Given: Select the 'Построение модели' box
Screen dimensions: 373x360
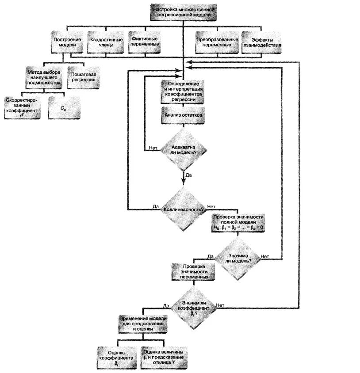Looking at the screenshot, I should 67,42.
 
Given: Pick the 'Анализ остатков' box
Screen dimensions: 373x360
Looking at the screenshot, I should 183,115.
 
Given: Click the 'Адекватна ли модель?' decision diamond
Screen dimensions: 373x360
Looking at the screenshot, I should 183,148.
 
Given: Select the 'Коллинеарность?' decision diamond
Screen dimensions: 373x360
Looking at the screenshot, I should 183,209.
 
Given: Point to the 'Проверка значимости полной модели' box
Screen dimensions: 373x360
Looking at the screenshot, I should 239,222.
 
